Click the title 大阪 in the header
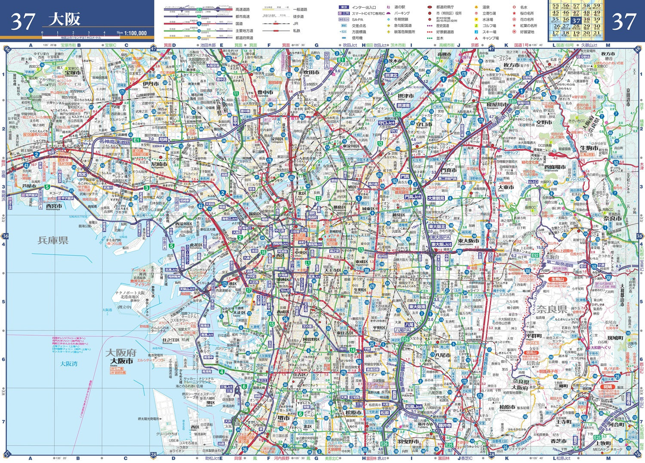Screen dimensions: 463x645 coord(64,20)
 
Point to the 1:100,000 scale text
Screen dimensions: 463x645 coord(135,33)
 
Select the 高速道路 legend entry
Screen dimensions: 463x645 coord(242,9)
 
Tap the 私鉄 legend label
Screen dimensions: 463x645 coord(297,31)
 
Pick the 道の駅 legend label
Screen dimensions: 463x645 coord(399,7)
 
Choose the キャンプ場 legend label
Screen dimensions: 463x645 coord(490,38)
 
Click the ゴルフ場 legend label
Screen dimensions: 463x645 coord(489,25)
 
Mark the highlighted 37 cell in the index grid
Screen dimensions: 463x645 coord(576,20)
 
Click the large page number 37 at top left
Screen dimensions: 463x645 coord(22,21)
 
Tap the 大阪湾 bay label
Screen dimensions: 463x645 coord(69,364)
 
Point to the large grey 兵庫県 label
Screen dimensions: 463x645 coord(53,240)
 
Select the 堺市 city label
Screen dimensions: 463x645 coord(283,418)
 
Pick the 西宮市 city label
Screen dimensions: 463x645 coord(54,206)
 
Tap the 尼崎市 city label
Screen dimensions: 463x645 coord(159,164)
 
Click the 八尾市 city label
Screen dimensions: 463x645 coord(442,355)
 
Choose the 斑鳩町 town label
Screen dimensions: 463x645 coord(615,338)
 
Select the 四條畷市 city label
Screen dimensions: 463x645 coord(555,167)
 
